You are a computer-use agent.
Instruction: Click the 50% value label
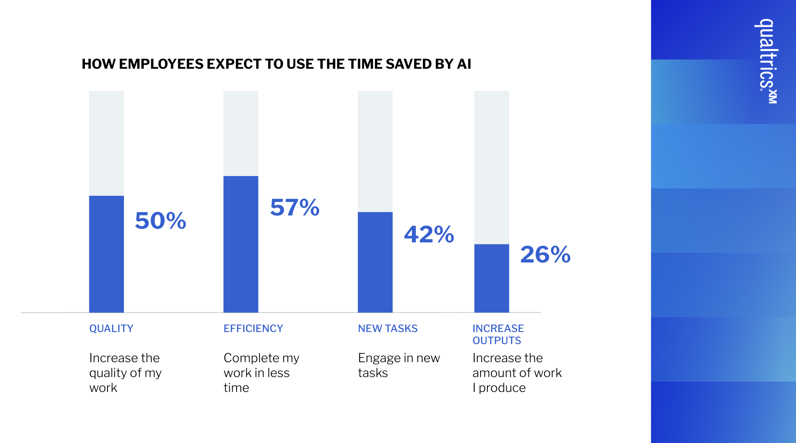click(x=161, y=221)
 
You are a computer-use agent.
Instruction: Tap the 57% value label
click(x=295, y=207)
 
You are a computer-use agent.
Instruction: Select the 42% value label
click(x=429, y=234)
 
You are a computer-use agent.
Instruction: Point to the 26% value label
click(x=545, y=254)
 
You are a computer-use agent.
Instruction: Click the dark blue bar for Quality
click(x=106, y=254)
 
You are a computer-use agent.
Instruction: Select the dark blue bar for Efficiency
click(x=241, y=244)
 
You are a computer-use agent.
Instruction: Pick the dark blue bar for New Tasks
click(x=375, y=262)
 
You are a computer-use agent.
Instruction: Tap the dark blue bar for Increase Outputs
click(x=491, y=278)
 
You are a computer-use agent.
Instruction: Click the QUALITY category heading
click(x=111, y=328)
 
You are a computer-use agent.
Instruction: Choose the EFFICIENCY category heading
click(x=253, y=328)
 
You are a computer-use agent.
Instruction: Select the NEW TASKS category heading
click(x=388, y=328)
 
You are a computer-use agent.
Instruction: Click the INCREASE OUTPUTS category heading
click(x=498, y=334)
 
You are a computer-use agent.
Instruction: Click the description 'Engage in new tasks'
click(x=399, y=365)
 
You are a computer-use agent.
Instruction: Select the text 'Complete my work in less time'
click(x=262, y=373)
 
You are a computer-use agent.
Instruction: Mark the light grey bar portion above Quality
click(x=106, y=143)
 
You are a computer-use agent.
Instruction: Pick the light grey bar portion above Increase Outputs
click(x=491, y=167)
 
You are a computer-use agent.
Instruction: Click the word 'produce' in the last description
click(x=502, y=388)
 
